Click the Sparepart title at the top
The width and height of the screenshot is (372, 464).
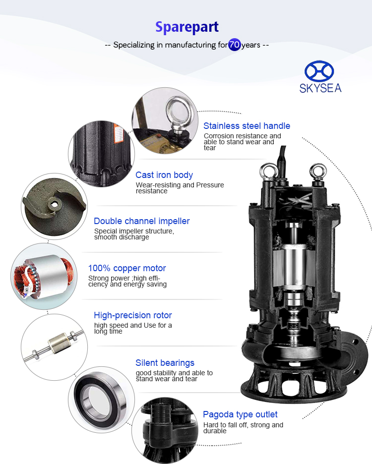pyautogui.click(x=187, y=27)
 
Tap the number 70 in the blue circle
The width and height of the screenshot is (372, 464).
pyautogui.click(x=234, y=45)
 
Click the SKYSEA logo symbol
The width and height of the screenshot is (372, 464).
pyautogui.click(x=319, y=71)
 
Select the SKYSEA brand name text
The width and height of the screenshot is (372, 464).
pyautogui.click(x=320, y=88)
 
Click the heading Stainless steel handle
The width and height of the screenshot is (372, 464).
pyautogui.click(x=247, y=126)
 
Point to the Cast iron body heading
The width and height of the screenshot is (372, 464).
pyautogui.click(x=164, y=175)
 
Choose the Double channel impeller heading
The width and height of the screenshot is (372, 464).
pyautogui.click(x=141, y=221)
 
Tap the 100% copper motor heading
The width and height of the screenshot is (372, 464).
pyautogui.click(x=127, y=268)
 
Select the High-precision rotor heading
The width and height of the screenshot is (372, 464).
pyautogui.click(x=133, y=315)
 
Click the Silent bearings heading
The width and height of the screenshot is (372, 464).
pyautogui.click(x=165, y=363)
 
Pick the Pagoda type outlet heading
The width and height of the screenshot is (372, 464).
pyautogui.click(x=240, y=414)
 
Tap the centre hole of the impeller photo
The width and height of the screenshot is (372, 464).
pyautogui.click(x=54, y=204)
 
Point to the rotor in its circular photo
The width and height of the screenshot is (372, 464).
pyautogui.click(x=54, y=346)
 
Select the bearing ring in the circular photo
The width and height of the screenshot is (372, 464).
pyautogui.click(x=100, y=399)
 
